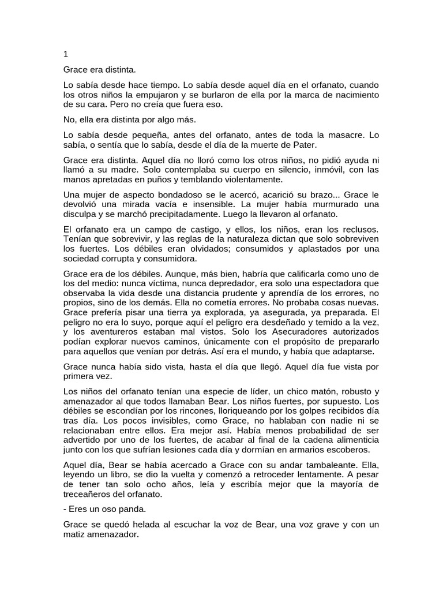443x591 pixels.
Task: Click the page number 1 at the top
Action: click(66, 55)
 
